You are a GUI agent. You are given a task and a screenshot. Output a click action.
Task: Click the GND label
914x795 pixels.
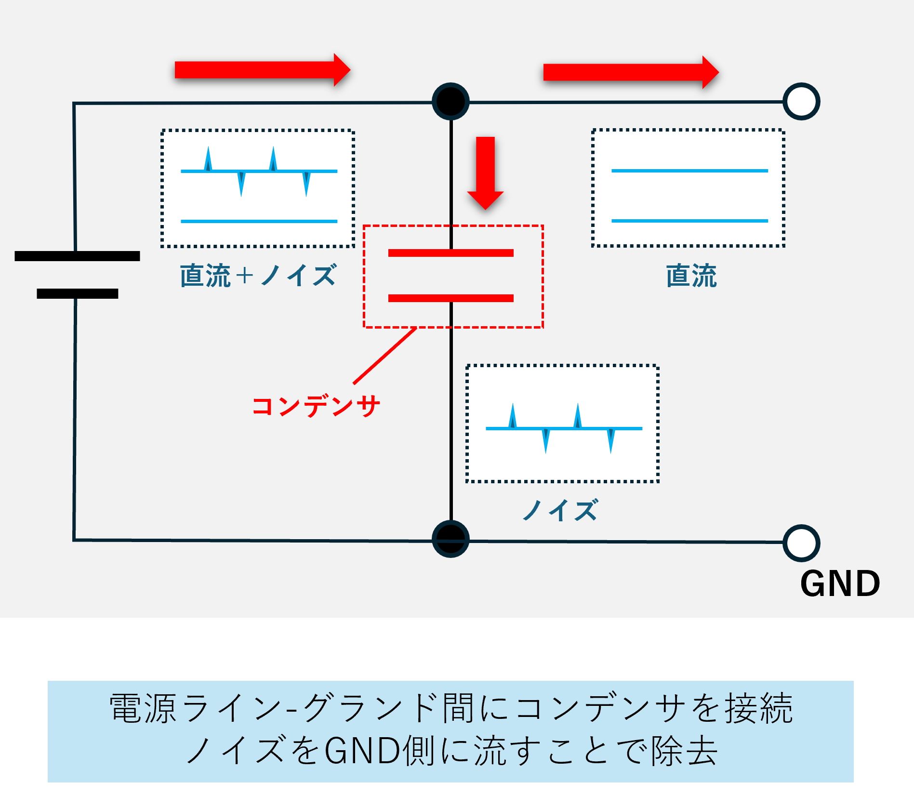pyautogui.click(x=840, y=583)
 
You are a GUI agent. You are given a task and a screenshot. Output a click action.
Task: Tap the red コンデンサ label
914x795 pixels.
pyautogui.click(x=316, y=406)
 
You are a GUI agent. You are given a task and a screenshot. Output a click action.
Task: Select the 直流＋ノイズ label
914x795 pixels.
pyautogui.click(x=258, y=276)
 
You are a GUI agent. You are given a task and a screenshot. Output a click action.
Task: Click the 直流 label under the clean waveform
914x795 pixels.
pyautogui.click(x=691, y=276)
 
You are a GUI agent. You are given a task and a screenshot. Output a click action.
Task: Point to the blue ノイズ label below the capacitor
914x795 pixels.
pyautogui.click(x=560, y=510)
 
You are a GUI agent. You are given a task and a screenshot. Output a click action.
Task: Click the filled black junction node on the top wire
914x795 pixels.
pyautogui.click(x=450, y=101)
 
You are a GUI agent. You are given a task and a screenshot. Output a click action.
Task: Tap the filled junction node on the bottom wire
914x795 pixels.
pyautogui.click(x=450, y=539)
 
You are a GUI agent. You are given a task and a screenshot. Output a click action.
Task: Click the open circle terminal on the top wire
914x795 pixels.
pyautogui.click(x=801, y=101)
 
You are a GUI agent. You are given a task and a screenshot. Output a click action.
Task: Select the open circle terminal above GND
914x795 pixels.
pyautogui.click(x=801, y=543)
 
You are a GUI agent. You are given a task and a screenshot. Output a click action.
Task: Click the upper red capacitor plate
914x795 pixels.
pyautogui.click(x=450, y=253)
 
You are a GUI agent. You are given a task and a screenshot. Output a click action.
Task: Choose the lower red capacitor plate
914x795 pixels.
pyautogui.click(x=450, y=298)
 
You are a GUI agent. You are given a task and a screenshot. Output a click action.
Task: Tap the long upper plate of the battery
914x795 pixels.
pyautogui.click(x=77, y=256)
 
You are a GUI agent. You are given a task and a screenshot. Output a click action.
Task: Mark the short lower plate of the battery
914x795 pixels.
pyautogui.click(x=77, y=293)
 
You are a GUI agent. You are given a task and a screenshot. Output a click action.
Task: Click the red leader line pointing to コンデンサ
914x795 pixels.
pyautogui.click(x=385, y=356)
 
